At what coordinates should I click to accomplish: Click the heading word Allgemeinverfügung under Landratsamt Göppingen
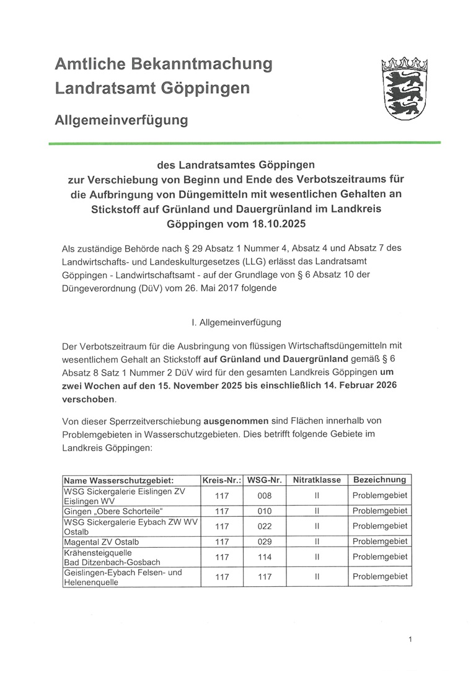(x=121, y=120)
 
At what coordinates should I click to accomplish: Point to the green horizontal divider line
(x=244, y=143)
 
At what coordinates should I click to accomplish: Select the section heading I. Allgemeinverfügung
(x=237, y=322)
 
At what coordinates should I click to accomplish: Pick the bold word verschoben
(x=89, y=399)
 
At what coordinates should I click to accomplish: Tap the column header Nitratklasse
(x=316, y=480)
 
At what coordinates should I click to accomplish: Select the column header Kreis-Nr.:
(x=221, y=480)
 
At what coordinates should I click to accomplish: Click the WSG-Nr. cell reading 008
(x=264, y=495)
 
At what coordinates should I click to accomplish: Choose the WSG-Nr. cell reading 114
(x=264, y=557)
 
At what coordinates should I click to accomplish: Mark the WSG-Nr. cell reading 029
(x=264, y=542)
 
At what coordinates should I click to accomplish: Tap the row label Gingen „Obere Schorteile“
(x=113, y=511)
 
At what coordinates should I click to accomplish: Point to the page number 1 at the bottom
(x=410, y=639)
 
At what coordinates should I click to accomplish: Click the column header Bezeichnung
(x=379, y=480)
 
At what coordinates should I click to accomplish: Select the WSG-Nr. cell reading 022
(x=264, y=526)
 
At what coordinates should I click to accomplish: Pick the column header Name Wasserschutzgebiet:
(x=118, y=480)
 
